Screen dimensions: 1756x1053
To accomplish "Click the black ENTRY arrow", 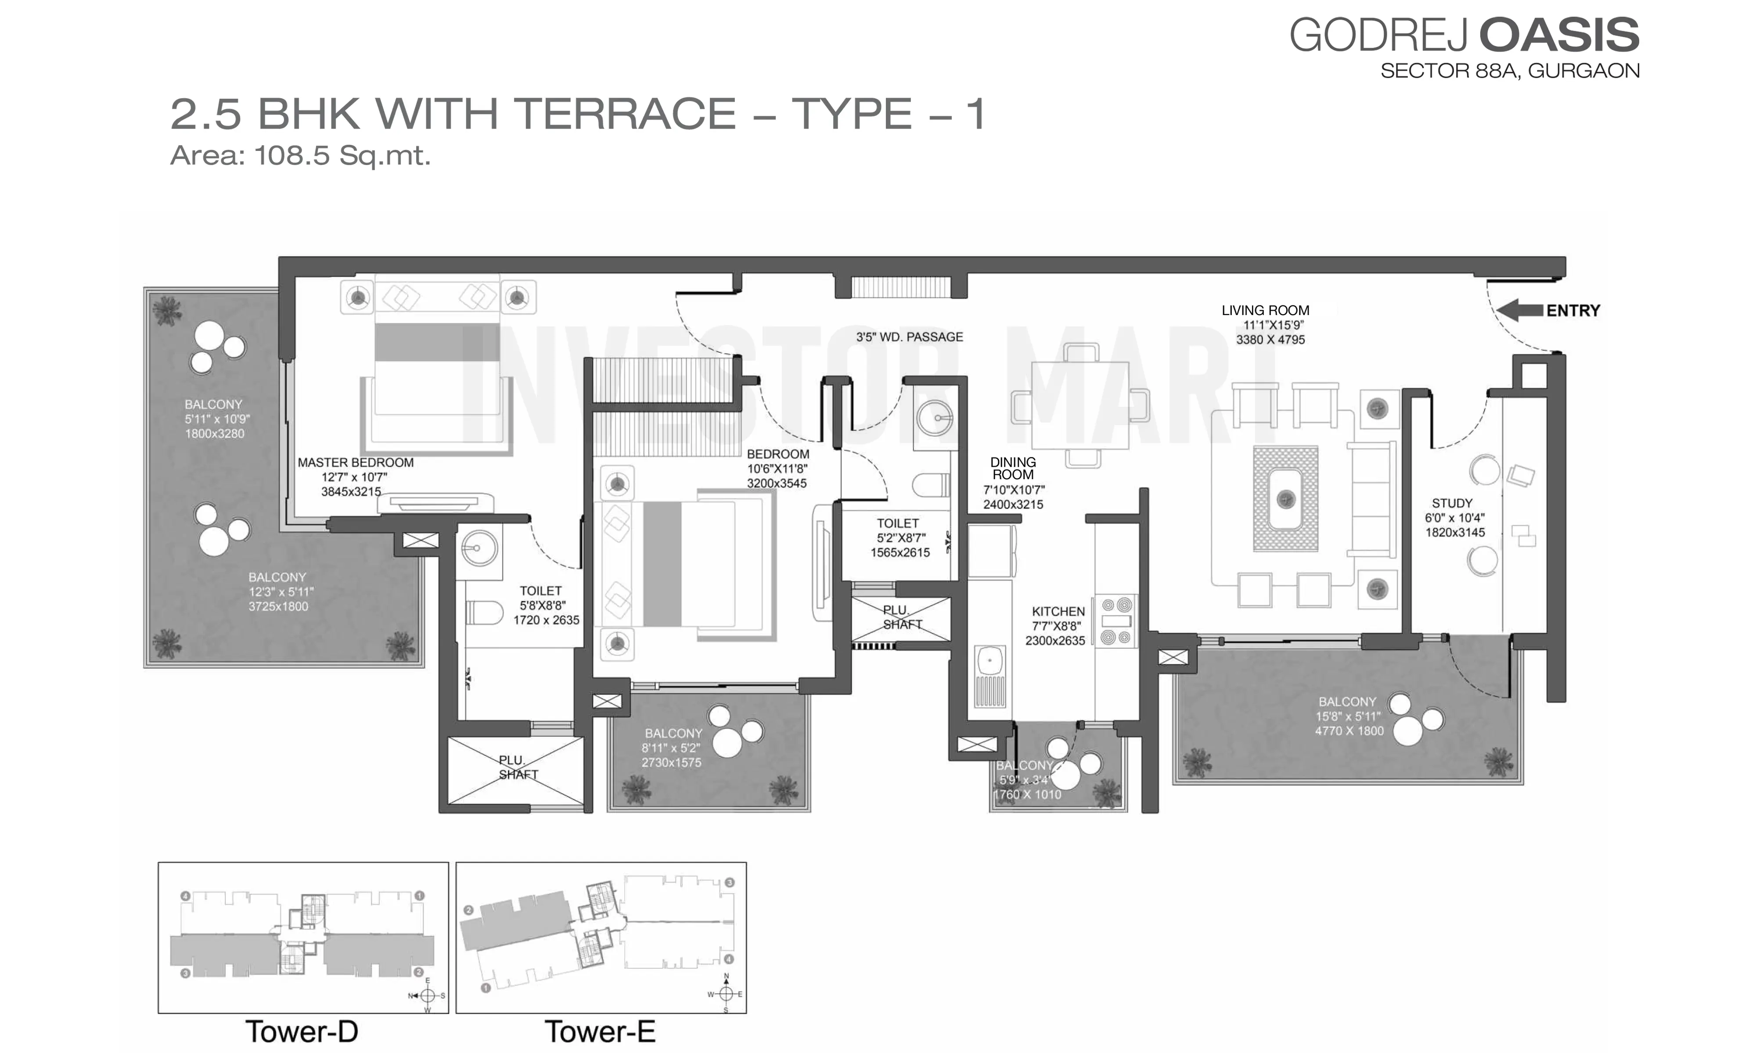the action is coord(1519,310).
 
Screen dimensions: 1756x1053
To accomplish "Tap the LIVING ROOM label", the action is coord(1265,310).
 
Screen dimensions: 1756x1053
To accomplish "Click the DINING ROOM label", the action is coord(1013,468).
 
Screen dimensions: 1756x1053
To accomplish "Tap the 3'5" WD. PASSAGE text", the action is coord(909,337).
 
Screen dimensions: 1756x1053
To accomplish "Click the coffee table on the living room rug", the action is coord(1285,499).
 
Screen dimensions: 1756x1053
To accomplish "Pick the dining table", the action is coord(1080,405).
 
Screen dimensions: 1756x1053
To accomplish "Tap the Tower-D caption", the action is coord(302,1032).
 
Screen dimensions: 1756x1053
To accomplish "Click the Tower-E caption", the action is coord(600,1032).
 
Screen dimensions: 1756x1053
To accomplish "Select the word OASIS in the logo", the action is coord(1559,36).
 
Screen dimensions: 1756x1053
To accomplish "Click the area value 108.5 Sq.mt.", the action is coord(343,155).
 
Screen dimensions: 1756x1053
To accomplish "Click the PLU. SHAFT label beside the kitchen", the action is coord(901,617).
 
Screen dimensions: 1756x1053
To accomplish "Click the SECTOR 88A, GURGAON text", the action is coord(1510,71).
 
